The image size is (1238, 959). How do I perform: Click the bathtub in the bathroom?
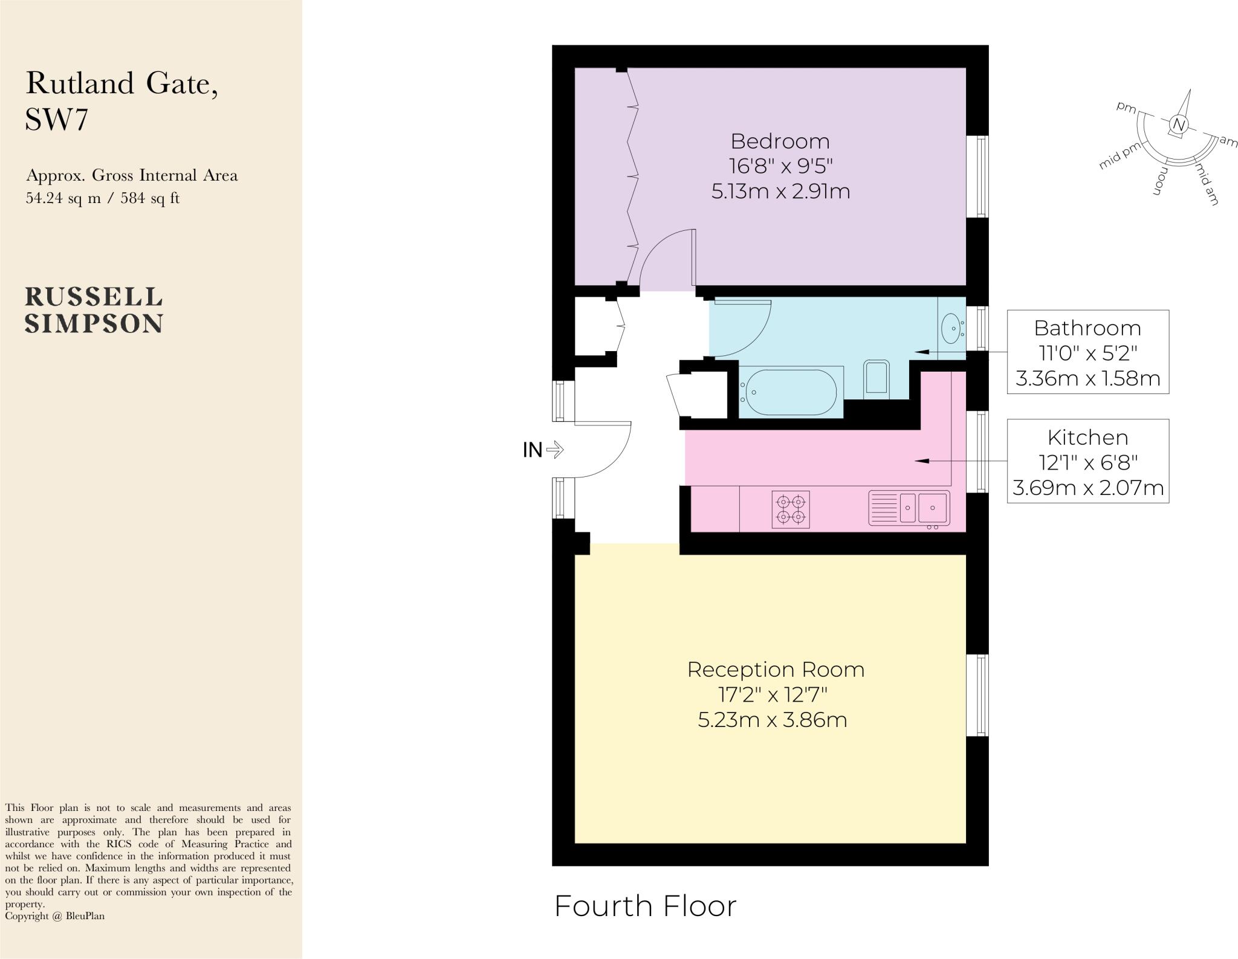pos(791,392)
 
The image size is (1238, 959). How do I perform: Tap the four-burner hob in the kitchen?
pos(791,509)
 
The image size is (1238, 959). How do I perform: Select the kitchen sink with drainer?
pos(909,508)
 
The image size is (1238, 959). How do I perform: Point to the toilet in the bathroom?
pos(876,379)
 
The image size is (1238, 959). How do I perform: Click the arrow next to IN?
pos(555,450)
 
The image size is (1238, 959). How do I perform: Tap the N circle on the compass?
pos(1178,124)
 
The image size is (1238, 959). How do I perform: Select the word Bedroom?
pos(780,141)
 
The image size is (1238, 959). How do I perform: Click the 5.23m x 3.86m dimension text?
pos(772,720)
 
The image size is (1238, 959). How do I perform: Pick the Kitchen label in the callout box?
pos(1087,437)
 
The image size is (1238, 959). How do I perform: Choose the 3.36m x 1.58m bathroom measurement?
pos(1087,379)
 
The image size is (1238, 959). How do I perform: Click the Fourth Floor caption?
pos(645,906)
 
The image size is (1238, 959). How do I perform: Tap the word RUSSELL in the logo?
pos(94,297)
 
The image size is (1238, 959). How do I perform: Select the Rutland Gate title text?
pos(122,83)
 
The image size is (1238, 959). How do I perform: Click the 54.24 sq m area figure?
pos(63,198)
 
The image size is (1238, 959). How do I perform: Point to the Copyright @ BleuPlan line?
pos(54,916)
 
